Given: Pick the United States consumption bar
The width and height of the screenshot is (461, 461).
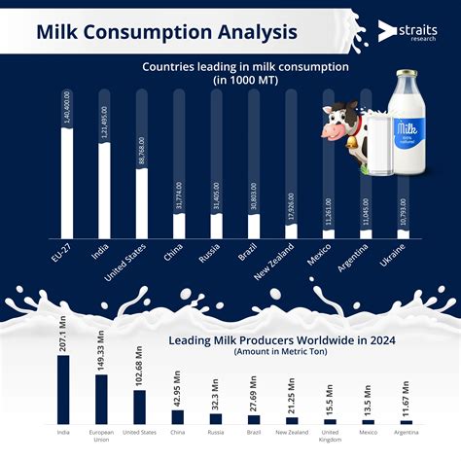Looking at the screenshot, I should tap(142, 203).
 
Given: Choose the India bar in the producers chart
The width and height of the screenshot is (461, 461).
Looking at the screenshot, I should tap(63, 388).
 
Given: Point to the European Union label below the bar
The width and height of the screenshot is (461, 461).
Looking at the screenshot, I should tap(101, 435).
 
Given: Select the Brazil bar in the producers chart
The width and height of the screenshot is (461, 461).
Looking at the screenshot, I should tap(253, 420).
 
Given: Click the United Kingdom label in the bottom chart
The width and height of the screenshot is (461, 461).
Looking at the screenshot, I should tap(329, 435).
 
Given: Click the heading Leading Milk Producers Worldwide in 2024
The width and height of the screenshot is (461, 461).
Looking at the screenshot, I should tap(280, 340).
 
